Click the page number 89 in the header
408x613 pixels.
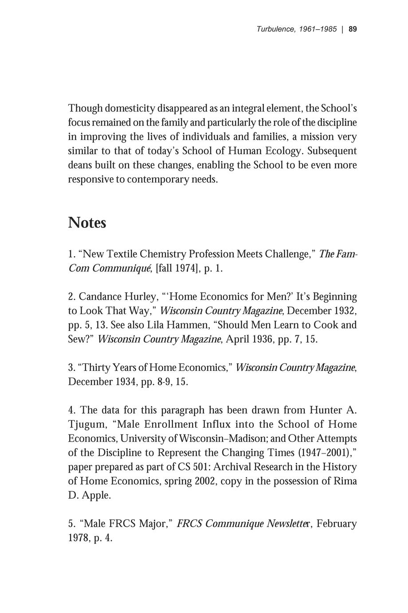[x=353, y=29]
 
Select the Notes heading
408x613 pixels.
[x=87, y=223]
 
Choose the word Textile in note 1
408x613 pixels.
[x=120, y=254]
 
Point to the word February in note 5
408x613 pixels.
[x=337, y=524]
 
